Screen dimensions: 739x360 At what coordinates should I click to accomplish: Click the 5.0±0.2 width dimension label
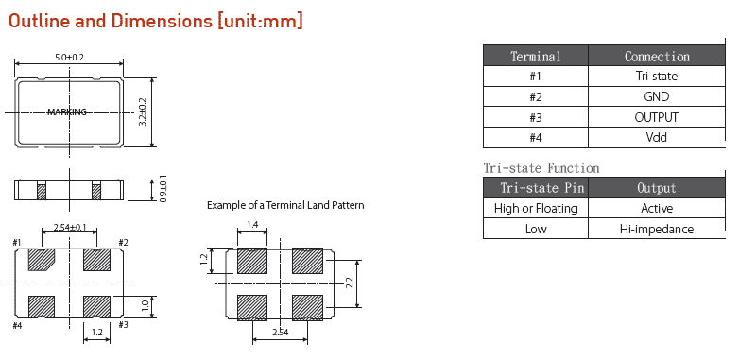69,58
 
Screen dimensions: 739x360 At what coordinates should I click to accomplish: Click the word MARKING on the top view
67,112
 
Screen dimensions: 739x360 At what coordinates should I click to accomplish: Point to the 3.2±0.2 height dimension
144,112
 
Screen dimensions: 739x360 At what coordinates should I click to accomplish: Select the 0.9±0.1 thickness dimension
163,189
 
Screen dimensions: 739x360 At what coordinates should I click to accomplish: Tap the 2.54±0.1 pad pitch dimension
70,228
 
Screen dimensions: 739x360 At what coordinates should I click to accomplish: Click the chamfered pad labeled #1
42,259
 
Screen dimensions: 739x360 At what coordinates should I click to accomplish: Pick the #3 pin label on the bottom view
123,325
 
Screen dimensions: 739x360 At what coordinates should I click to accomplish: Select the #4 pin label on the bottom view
17,325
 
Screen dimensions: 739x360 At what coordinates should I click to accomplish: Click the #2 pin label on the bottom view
123,243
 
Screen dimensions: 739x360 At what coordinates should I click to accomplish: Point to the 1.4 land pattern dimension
252,225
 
